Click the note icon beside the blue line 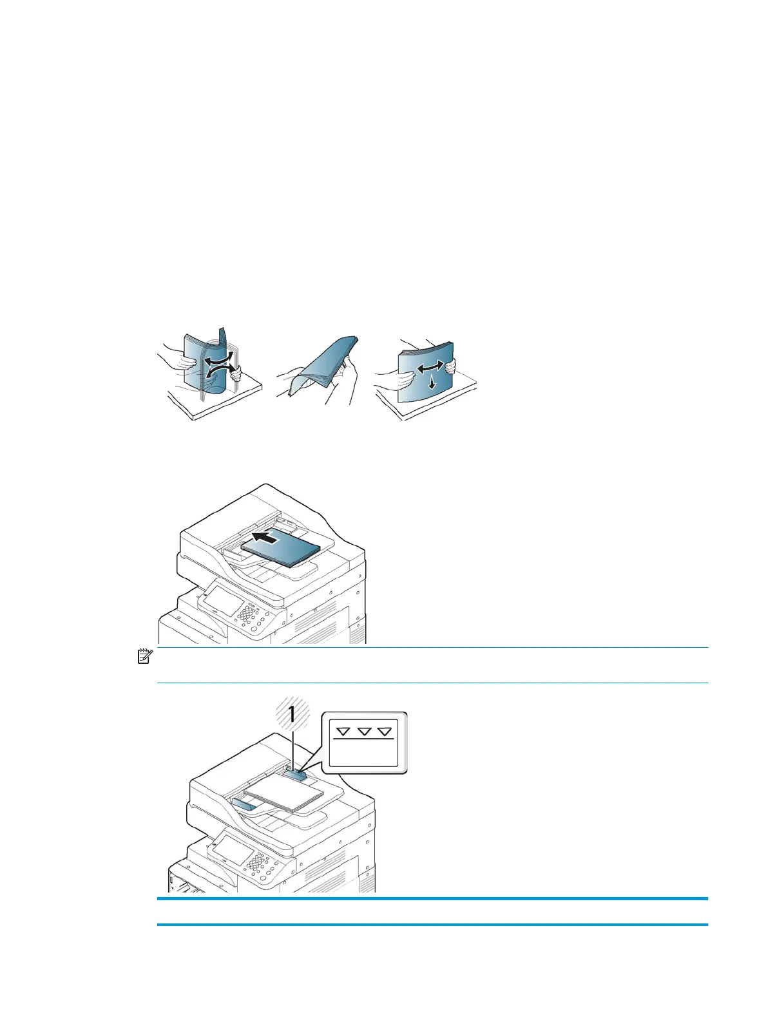pos(145,657)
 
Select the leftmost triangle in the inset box pos(343,732)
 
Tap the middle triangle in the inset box pos(364,732)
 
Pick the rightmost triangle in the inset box pos(385,732)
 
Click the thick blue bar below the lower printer pos(432,898)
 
